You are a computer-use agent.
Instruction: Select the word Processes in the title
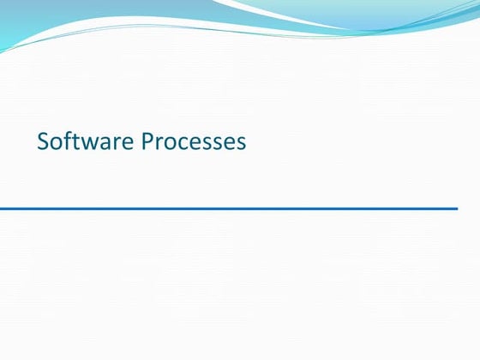click(x=194, y=141)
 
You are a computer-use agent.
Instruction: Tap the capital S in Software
click(x=43, y=141)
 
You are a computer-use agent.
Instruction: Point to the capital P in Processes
click(x=146, y=141)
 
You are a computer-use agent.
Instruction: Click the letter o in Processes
click(x=168, y=143)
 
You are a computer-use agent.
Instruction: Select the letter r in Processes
click(x=158, y=143)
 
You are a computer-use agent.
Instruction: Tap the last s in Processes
click(x=242, y=143)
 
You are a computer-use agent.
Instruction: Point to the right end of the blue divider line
click(x=456, y=208)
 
